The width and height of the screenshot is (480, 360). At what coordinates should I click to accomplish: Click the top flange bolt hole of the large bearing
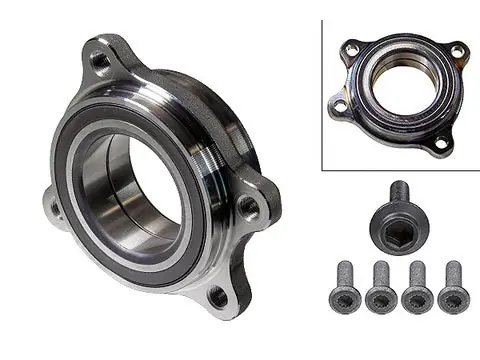[101, 60]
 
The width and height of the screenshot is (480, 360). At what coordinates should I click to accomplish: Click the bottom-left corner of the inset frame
[323, 168]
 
